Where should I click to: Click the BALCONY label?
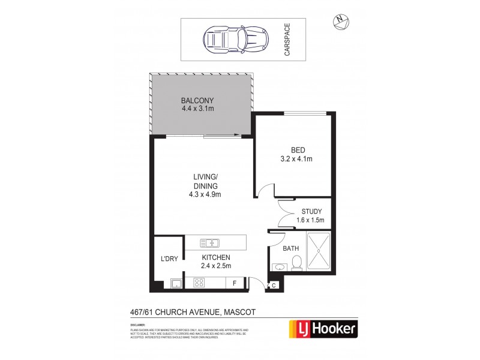coord(197,100)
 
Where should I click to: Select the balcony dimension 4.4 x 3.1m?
coord(197,109)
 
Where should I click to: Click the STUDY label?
coord(312,211)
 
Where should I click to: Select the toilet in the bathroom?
coord(295,263)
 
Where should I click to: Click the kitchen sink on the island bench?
coord(209,243)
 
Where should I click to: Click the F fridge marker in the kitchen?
coord(235,283)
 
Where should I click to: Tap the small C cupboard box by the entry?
coord(274,286)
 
